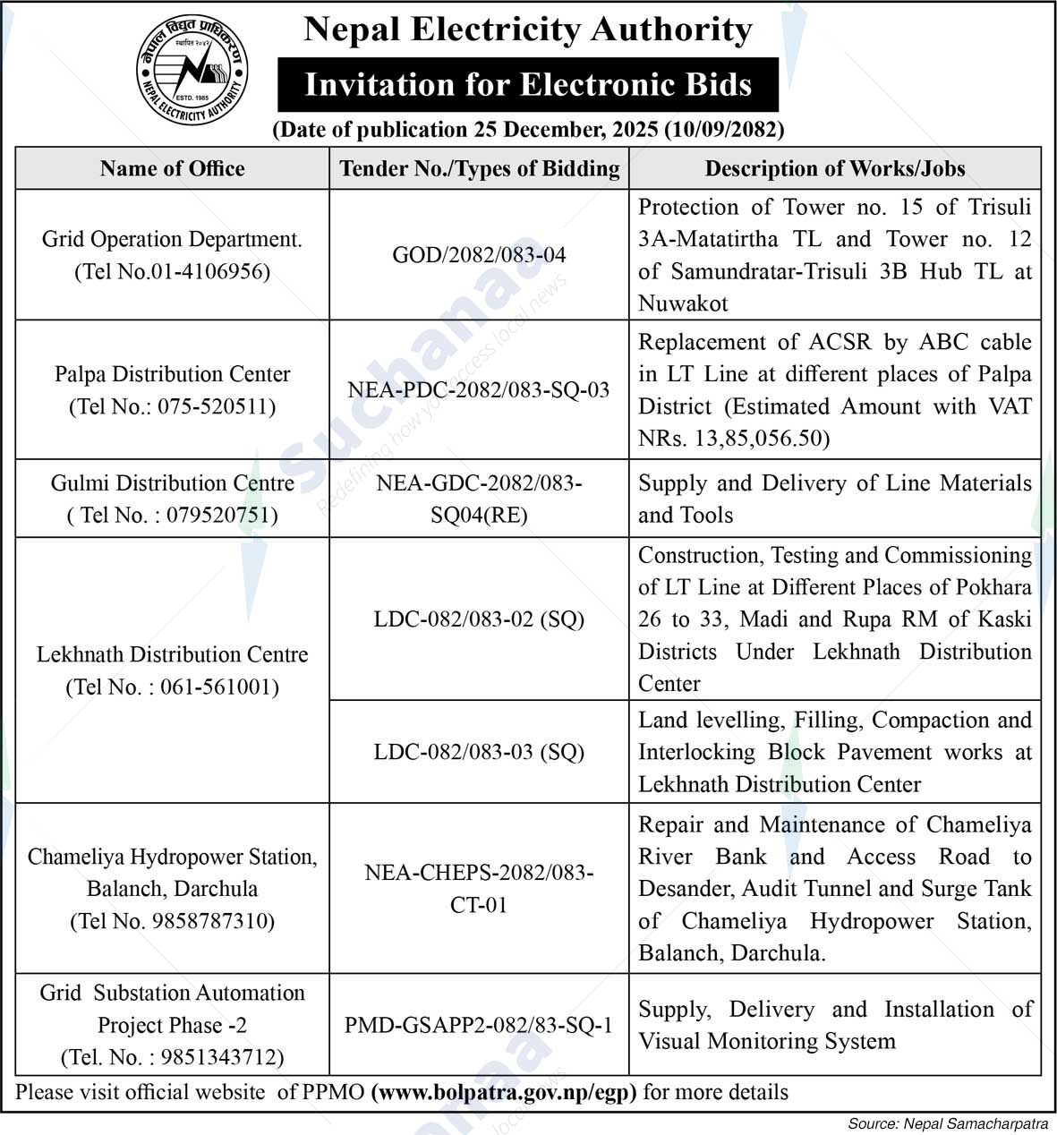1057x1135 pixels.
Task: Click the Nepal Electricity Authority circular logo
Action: click(x=192, y=71)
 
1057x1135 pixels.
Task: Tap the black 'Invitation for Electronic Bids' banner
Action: click(x=528, y=85)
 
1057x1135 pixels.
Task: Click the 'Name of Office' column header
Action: click(x=172, y=168)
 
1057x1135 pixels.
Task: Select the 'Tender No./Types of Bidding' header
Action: click(x=479, y=168)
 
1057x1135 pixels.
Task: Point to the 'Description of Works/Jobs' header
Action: click(x=834, y=168)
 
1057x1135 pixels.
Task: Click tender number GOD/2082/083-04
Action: click(x=479, y=255)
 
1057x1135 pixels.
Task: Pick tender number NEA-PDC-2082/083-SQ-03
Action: click(x=479, y=390)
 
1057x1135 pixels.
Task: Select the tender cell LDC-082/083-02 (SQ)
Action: click(x=479, y=619)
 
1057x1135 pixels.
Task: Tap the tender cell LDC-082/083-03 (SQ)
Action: click(x=479, y=752)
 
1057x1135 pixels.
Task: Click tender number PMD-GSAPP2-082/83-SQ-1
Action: click(x=479, y=1025)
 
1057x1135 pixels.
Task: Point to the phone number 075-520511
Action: click(x=217, y=406)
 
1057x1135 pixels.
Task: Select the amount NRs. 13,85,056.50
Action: click(x=734, y=439)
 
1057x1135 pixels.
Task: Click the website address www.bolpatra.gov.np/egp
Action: click(x=503, y=1092)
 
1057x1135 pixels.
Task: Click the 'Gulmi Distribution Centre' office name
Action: click(x=172, y=483)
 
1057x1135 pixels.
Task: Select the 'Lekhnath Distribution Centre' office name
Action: click(x=172, y=654)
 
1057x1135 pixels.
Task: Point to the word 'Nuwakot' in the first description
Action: click(x=683, y=303)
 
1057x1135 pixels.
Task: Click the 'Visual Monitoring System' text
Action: click(x=766, y=1041)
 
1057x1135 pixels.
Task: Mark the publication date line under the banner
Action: click(x=528, y=130)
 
